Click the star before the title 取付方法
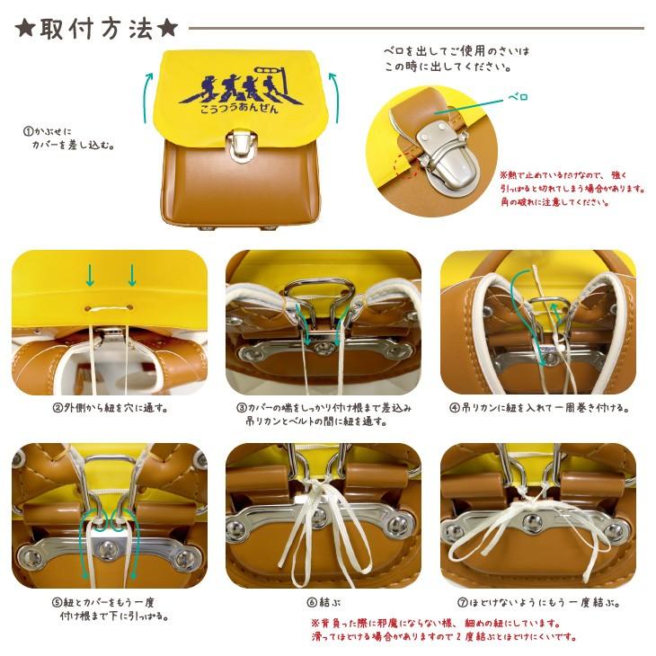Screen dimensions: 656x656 click(24, 29)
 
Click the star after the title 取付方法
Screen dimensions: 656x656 click(167, 29)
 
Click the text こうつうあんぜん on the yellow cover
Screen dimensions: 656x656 click(239, 108)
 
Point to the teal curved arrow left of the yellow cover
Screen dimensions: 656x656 click(147, 97)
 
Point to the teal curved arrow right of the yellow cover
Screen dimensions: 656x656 click(334, 97)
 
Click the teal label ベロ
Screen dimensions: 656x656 click(518, 97)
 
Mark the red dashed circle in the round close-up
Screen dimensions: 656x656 click(407, 166)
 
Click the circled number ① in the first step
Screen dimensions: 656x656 click(28, 132)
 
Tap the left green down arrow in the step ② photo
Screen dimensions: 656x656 click(90, 275)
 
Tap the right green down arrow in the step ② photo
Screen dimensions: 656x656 click(132, 275)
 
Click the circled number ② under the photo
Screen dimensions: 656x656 click(58, 408)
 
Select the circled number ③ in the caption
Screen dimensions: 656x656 click(242, 408)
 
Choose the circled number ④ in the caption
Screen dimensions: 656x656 click(455, 408)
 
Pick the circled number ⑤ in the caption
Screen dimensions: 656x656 click(57, 603)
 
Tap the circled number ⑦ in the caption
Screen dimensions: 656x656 click(462, 603)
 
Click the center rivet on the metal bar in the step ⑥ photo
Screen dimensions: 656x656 click(320, 515)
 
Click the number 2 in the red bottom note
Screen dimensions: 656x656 click(459, 637)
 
